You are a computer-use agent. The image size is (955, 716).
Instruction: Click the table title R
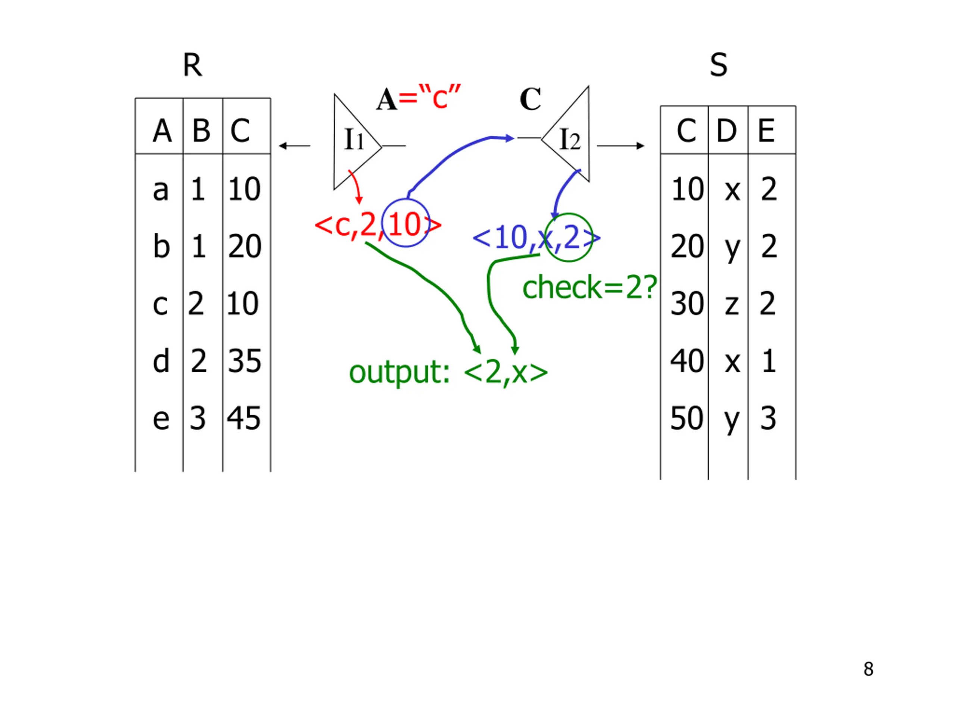click(192, 65)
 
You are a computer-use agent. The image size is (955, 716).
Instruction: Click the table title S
click(718, 65)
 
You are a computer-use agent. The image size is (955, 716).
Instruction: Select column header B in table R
click(201, 131)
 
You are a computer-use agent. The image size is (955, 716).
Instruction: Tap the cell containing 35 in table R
click(244, 361)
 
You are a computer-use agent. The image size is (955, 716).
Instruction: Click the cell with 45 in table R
click(244, 418)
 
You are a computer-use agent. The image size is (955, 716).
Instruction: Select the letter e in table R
click(161, 419)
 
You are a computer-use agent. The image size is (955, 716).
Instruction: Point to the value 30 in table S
click(687, 304)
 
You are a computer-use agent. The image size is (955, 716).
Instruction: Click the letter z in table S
click(732, 304)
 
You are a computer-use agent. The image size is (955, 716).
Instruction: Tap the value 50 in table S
click(686, 418)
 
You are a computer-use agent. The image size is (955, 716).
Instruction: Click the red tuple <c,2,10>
click(378, 225)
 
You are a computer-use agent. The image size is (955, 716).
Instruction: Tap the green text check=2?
click(589, 288)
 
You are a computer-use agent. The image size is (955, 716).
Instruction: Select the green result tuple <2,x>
click(505, 373)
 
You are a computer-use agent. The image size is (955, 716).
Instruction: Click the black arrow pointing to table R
click(294, 146)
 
